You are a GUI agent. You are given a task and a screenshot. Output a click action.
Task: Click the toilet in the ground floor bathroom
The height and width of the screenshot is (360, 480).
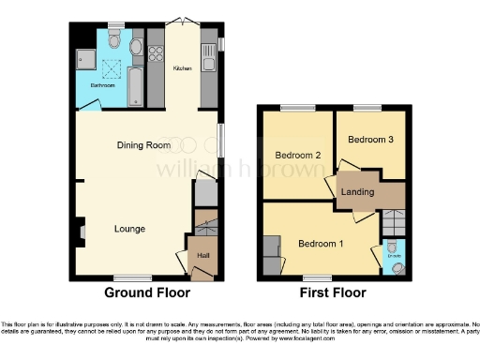[113, 39]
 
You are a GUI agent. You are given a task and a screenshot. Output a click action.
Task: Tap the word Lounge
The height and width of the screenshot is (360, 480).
[129, 228]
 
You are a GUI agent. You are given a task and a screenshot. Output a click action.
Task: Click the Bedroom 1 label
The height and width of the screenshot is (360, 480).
[321, 244]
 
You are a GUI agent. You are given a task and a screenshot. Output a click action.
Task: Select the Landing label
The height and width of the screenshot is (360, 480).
[358, 192]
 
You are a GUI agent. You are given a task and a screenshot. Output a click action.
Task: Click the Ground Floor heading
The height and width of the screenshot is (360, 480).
[141, 292]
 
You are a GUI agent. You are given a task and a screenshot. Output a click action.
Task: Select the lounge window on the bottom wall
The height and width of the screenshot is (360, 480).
[131, 277]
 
